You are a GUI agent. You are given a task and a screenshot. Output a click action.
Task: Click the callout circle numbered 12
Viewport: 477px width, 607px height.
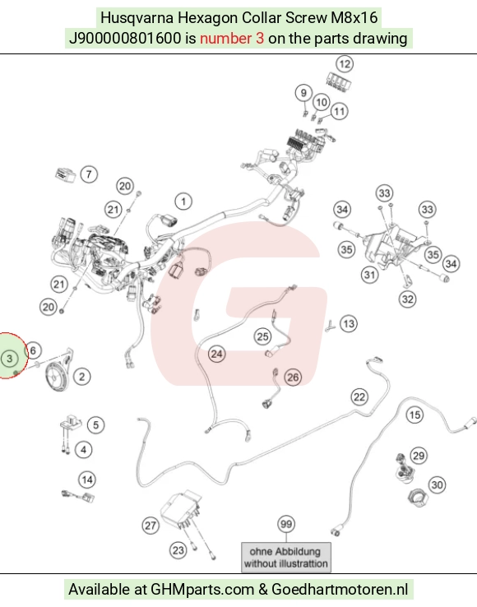[345, 63]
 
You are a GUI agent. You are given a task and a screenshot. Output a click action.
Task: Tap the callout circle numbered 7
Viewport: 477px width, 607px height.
[89, 174]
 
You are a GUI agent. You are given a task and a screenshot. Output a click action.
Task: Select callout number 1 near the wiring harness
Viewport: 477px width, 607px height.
[183, 202]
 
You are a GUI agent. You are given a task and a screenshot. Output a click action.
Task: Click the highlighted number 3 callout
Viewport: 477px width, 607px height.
[10, 359]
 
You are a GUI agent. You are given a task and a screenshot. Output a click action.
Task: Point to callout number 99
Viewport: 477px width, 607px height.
[286, 524]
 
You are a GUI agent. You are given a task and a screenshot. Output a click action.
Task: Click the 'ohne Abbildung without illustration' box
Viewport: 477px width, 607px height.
[286, 557]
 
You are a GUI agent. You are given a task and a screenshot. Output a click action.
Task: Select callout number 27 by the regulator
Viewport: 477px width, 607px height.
[151, 526]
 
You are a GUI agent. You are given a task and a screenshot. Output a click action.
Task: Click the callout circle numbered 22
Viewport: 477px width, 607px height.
[359, 396]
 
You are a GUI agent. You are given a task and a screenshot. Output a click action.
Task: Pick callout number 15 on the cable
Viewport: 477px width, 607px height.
[414, 415]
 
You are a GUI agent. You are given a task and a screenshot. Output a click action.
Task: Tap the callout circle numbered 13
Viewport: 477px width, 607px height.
[349, 323]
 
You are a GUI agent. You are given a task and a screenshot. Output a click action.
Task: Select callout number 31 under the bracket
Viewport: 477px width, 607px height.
[369, 275]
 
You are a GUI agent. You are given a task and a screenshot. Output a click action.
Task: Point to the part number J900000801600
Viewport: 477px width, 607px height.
[125, 39]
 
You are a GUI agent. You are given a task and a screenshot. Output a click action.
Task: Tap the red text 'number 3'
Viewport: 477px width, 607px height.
[232, 39]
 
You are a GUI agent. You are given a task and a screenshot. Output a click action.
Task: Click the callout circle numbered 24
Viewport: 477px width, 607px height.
[216, 354]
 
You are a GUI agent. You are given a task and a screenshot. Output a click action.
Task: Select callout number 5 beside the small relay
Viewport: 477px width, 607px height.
[95, 424]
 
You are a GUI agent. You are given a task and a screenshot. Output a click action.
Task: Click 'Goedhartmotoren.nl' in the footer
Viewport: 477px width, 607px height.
[340, 590]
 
